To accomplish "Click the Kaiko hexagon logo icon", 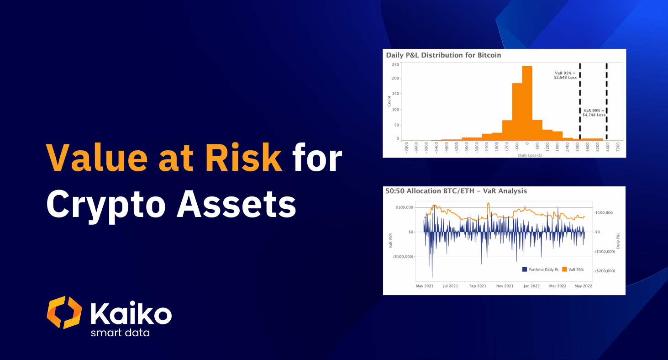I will [64, 312].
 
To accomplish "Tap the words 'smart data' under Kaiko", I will [120, 333].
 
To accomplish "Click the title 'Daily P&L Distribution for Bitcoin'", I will [443, 55].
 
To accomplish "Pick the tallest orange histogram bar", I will [527, 103].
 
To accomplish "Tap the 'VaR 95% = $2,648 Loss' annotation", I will [565, 75].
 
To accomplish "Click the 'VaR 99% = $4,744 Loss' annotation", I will [594, 112].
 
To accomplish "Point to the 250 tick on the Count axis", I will [395, 65].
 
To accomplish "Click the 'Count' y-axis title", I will [389, 101].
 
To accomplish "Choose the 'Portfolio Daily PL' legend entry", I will [540, 270].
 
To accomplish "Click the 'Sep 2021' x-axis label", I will [478, 286].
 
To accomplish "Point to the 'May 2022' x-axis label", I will [584, 286].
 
